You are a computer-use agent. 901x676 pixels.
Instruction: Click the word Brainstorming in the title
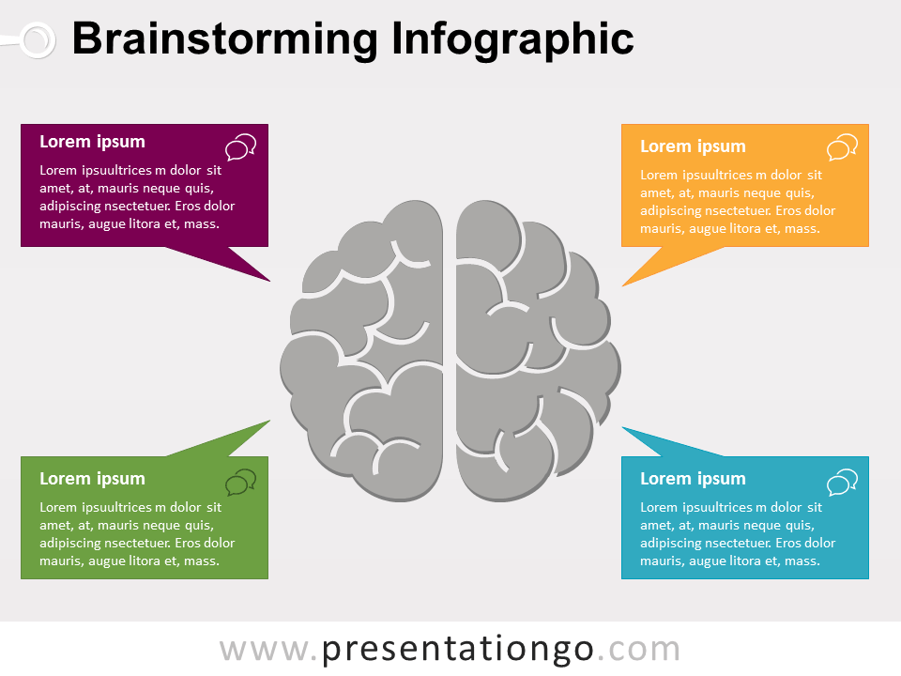pyautogui.click(x=225, y=39)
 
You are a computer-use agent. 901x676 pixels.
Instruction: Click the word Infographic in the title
pyautogui.click(x=512, y=39)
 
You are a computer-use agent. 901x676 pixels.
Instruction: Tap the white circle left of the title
pyautogui.click(x=38, y=40)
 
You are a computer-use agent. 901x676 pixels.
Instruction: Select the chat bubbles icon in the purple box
pyautogui.click(x=241, y=147)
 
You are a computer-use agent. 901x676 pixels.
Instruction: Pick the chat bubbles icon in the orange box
pyautogui.click(x=843, y=147)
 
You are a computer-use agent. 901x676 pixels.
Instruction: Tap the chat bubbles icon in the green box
pyautogui.click(x=241, y=482)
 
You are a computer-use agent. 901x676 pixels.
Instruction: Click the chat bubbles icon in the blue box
pyautogui.click(x=843, y=482)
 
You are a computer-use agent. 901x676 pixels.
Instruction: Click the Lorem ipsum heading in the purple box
pyautogui.click(x=93, y=142)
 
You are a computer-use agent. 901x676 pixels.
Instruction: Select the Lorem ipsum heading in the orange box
pyautogui.click(x=693, y=146)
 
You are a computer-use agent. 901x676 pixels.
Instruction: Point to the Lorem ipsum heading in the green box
pyautogui.click(x=93, y=479)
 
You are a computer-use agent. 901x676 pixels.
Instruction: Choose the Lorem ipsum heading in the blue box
pyautogui.click(x=693, y=479)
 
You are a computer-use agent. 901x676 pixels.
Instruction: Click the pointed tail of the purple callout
pyautogui.click(x=269, y=281)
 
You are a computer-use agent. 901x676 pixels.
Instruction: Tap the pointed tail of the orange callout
pyautogui.click(x=623, y=285)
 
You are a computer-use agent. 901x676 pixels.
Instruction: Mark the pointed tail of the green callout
pyautogui.click(x=269, y=421)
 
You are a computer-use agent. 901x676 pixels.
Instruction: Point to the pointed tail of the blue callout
pyautogui.click(x=623, y=427)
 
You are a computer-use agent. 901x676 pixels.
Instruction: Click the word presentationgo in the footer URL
pyautogui.click(x=457, y=650)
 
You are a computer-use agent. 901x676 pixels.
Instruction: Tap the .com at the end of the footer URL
pyautogui.click(x=638, y=650)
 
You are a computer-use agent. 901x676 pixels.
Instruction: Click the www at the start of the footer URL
pyautogui.click(x=264, y=651)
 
